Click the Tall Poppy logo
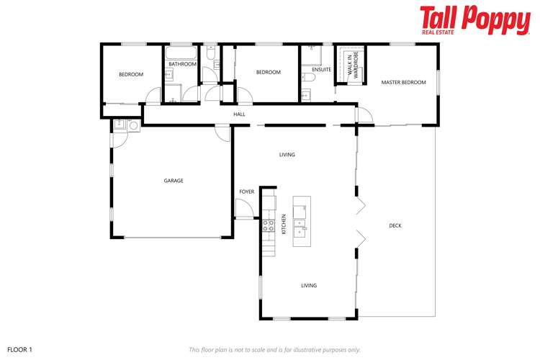tap(474, 19)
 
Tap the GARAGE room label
tap(174, 181)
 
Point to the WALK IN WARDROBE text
tap(351, 66)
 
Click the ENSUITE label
tap(321, 70)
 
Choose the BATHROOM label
tap(182, 64)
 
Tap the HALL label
tap(239, 114)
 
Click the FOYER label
tap(247, 192)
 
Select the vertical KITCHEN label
tap(284, 224)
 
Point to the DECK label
tap(395, 226)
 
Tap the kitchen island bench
tap(302, 220)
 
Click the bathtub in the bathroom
tap(181, 53)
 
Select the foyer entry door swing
tap(245, 210)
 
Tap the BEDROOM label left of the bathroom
tap(131, 75)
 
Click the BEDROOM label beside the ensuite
tap(268, 72)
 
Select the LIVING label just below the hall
tap(287, 155)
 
